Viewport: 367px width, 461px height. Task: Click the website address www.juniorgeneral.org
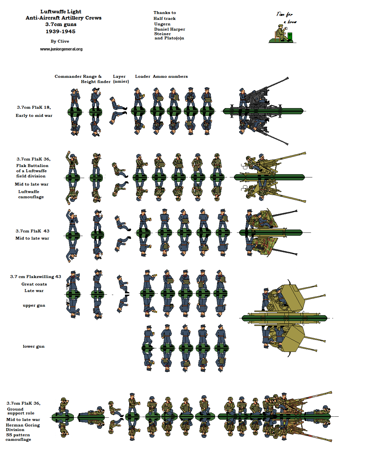point(61,49)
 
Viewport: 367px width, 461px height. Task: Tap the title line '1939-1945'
point(61,32)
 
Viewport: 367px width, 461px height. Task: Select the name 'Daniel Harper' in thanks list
point(170,29)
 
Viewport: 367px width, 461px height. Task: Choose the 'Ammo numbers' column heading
point(170,77)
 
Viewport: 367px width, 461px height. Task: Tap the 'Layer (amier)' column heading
point(121,79)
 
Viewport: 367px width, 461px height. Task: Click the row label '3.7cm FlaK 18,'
point(34,107)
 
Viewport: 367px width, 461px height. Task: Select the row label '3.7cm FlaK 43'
point(33,231)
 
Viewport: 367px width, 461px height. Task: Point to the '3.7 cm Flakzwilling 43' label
point(35,277)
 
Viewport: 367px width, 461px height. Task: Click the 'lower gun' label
point(34,346)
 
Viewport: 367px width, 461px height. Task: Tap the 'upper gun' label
point(34,305)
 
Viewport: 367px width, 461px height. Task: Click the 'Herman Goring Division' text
point(23,427)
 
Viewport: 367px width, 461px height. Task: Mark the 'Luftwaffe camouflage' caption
point(31,194)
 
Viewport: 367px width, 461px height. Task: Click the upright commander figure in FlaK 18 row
point(75,98)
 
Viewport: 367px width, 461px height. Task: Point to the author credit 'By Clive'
point(60,41)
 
